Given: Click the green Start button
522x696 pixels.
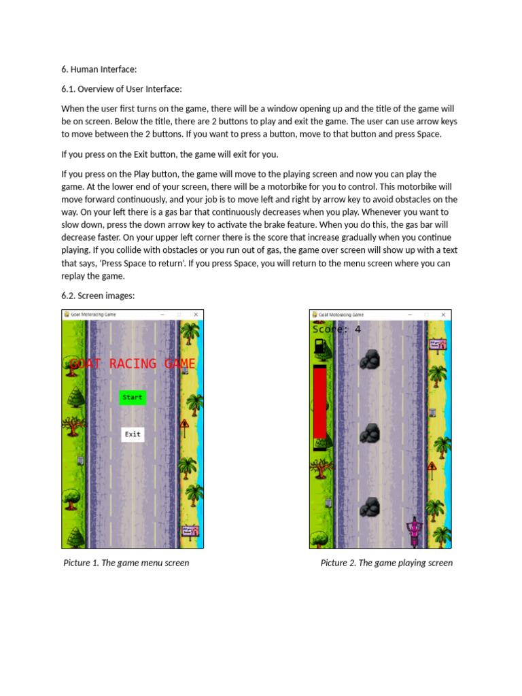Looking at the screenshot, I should tap(133, 398).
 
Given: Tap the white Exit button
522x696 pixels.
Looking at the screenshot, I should tap(133, 434).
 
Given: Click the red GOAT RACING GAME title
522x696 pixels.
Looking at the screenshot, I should tap(133, 364).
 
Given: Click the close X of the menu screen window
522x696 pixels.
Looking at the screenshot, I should tap(196, 315).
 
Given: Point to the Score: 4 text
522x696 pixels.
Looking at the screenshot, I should tap(336, 330).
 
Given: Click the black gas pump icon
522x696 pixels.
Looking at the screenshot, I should tap(319, 347).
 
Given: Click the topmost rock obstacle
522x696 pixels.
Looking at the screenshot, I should tap(369, 360).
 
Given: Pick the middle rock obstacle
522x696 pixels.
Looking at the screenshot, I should tap(369, 433).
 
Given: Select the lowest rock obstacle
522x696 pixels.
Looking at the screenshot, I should tap(369, 507).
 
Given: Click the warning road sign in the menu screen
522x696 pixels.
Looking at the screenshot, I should tap(184, 427).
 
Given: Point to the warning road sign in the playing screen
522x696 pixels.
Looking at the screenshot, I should tap(432, 469).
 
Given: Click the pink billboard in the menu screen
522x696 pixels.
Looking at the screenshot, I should tap(190, 531).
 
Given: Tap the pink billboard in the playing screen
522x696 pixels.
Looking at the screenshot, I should tap(437, 345).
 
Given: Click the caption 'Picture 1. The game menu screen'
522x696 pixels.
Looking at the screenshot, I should tap(126, 563).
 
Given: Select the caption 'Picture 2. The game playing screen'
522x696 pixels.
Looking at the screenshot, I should tap(386, 563).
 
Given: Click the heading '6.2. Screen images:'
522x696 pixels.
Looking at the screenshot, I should tap(99, 295).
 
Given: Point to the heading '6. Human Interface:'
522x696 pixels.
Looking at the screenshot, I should tap(99, 69).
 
